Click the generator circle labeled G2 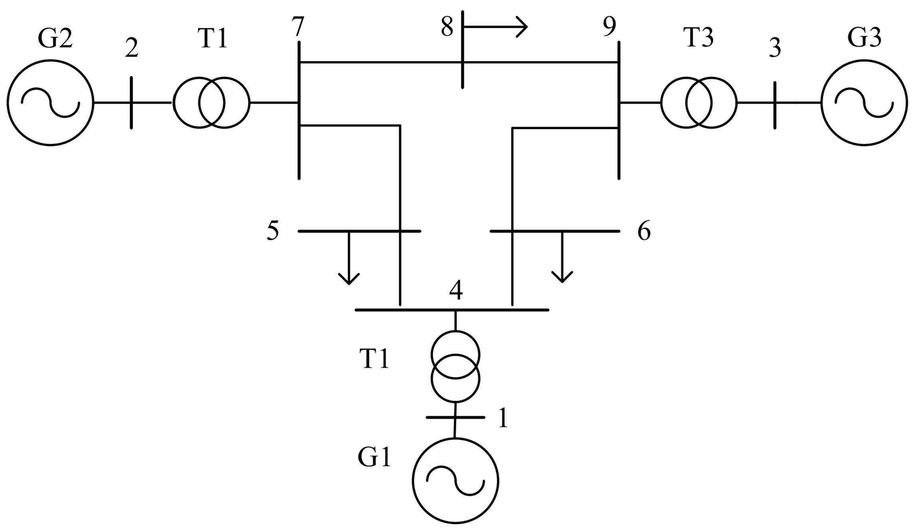(50, 103)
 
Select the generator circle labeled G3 (864, 103)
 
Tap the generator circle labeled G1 (455, 481)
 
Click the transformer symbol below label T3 (699, 103)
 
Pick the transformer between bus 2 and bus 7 (211, 103)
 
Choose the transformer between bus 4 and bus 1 (455, 366)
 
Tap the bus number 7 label (298, 27)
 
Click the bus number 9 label (609, 27)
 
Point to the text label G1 (374, 458)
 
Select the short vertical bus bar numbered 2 (131, 103)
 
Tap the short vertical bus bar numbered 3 (775, 105)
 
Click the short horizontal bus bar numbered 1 (455, 417)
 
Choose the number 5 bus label (273, 231)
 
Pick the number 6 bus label (644, 231)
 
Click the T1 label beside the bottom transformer (374, 359)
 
